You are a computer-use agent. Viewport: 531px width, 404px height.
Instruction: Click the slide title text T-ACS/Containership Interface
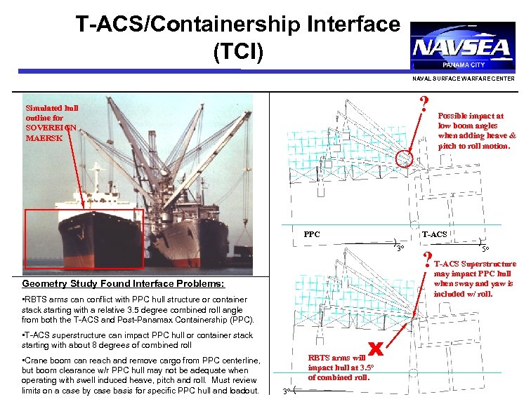(x=238, y=25)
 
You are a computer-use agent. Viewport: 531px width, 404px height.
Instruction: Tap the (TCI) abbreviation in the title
(x=240, y=52)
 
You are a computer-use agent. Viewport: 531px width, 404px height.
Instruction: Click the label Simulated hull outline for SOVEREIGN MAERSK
(x=52, y=123)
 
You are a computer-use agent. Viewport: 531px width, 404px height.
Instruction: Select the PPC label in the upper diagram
(x=312, y=234)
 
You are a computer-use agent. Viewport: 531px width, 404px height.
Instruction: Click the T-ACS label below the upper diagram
(x=434, y=234)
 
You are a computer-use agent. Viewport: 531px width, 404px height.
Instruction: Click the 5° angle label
(x=485, y=248)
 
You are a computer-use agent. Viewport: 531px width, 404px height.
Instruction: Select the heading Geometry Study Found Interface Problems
(x=123, y=284)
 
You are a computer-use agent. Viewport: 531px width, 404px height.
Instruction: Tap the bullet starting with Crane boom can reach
(x=140, y=375)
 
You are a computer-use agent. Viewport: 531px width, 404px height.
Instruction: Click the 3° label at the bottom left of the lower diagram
(x=284, y=391)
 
